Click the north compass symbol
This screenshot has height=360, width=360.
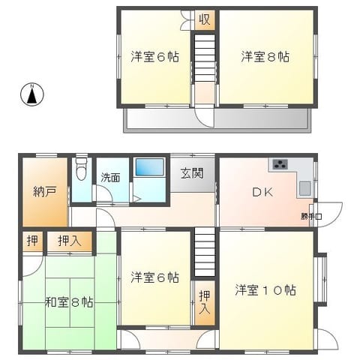(32, 94)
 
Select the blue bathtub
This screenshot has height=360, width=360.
(149, 166)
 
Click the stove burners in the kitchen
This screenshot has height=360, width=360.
(280, 164)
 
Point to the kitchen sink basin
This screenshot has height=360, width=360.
(305, 188)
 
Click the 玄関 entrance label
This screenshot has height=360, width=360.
(192, 173)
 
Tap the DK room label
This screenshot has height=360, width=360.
(262, 192)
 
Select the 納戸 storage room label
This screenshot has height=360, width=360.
(45, 192)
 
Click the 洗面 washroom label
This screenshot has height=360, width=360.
(110, 178)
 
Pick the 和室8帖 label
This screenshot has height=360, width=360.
(69, 302)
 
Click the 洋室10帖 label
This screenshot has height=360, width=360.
(265, 290)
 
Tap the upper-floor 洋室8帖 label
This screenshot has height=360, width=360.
(265, 57)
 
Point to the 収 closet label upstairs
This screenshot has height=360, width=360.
(205, 19)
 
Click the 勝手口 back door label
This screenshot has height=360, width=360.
(311, 217)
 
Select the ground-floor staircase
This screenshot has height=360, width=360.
(205, 252)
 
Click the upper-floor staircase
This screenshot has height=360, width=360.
(205, 58)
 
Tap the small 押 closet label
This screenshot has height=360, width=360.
(33, 241)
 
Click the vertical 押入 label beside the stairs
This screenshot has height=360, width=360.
(205, 302)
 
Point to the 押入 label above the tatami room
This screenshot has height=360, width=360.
(70, 241)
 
